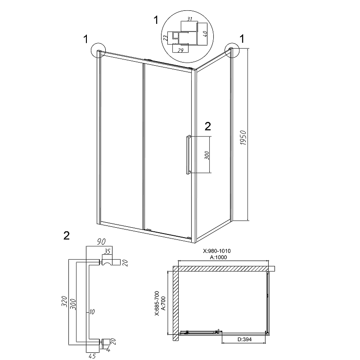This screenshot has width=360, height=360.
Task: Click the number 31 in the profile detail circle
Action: (x=190, y=19)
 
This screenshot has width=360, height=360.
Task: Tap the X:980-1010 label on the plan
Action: (x=223, y=251)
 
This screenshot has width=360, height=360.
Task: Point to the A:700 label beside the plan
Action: (x=164, y=301)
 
